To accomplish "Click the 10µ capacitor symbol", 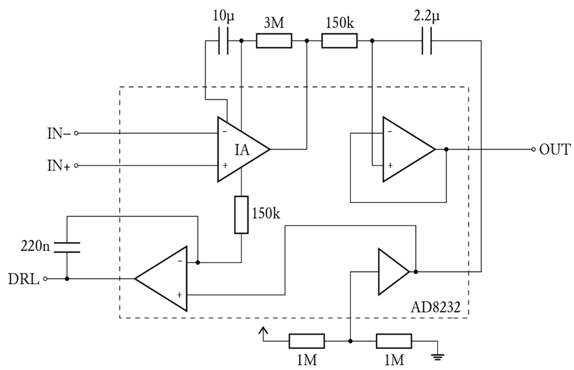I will pos(223,41).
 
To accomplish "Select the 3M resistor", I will pos(274,41).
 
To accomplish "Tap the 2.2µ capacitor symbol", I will pos(427,41).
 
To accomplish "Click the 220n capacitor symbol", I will pos(67,247).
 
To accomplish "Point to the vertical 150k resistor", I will pos(241,215).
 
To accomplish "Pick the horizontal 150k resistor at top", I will pos(339,41).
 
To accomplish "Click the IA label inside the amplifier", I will pos(242,150).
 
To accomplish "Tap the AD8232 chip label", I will pos(435,307).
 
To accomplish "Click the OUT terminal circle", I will pos(533,149).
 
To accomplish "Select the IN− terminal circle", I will pos(76,133).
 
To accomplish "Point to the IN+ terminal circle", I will pos(76,166).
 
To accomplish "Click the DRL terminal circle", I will pos(45,279).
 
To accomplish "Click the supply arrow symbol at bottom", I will pos(264,331).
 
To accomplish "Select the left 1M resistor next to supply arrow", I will pos(307,341).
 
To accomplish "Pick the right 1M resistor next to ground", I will pos(394,341).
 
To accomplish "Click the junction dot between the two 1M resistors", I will pos(350,341).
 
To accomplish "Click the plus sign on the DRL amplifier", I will pos(179,295).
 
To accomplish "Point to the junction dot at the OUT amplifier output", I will pos(446,149).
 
